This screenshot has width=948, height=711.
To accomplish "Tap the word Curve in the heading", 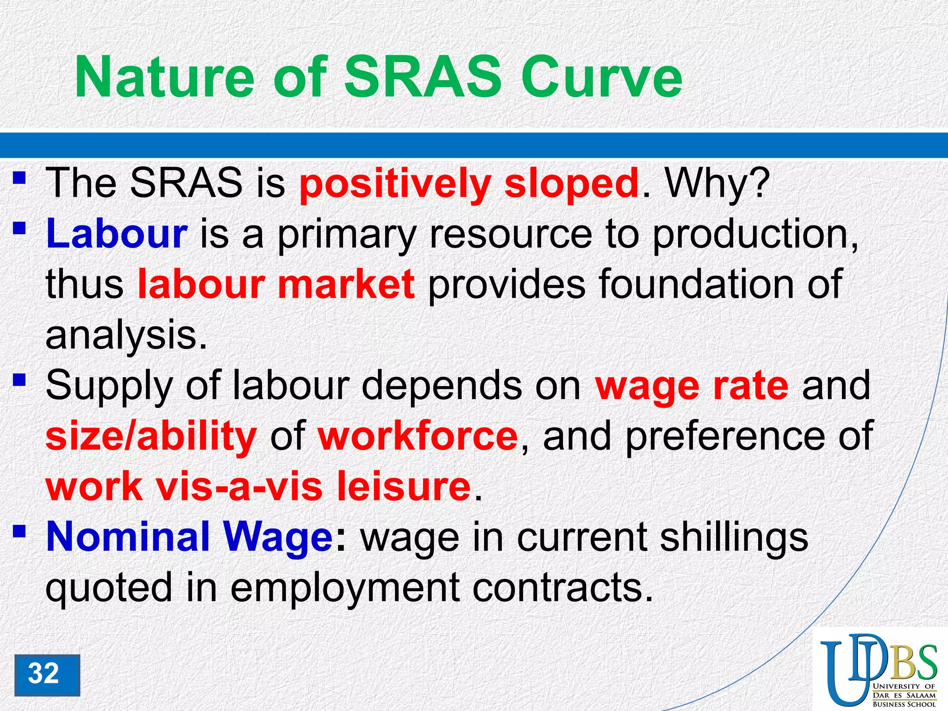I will click(x=601, y=77).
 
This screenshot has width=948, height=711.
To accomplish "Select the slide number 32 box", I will click(x=47, y=674).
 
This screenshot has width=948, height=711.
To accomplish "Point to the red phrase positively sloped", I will click(x=469, y=184).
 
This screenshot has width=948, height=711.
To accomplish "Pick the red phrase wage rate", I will click(x=692, y=386).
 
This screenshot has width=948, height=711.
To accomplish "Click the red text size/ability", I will click(x=151, y=436).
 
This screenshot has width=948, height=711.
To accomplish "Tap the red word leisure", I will click(x=403, y=486).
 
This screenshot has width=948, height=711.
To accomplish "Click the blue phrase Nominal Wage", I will click(x=189, y=537).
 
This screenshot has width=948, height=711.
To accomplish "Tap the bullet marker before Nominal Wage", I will click(x=19, y=532).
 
